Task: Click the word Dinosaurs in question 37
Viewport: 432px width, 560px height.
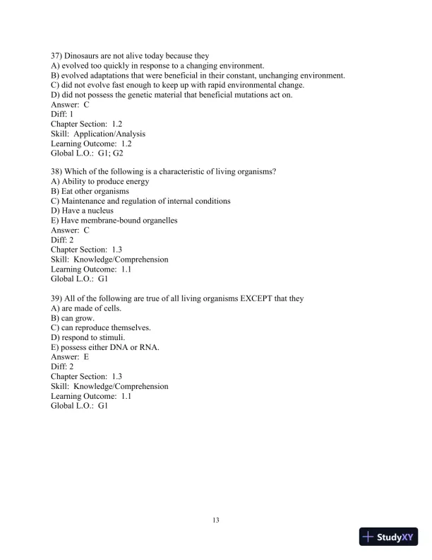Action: tap(85, 56)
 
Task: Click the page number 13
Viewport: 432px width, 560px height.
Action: tap(216, 520)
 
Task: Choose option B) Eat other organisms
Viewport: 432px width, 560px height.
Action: tap(90, 192)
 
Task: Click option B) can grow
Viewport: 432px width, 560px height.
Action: tap(73, 318)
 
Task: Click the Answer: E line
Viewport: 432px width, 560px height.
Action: tap(70, 357)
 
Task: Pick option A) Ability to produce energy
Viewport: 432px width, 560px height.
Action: tap(100, 182)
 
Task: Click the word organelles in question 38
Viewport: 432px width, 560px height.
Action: tap(156, 221)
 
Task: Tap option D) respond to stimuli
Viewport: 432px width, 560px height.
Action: tap(88, 337)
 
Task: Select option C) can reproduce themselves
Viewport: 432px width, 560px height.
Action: tap(100, 327)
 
